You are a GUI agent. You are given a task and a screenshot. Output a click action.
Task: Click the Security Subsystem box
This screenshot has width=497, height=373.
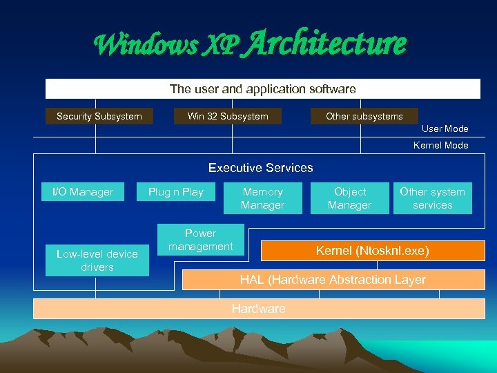tap(99, 116)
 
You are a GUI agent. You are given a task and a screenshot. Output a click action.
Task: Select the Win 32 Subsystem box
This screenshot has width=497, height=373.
tap(228, 116)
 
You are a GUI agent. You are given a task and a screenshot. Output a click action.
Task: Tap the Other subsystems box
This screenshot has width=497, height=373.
tap(364, 116)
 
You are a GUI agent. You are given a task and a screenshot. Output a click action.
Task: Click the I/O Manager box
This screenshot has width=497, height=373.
tap(83, 192)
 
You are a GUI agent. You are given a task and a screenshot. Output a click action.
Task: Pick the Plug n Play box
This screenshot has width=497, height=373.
tap(176, 192)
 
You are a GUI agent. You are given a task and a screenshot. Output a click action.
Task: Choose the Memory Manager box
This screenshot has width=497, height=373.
tap(262, 198)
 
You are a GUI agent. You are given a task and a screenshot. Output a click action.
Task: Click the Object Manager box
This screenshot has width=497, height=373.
tap(350, 198)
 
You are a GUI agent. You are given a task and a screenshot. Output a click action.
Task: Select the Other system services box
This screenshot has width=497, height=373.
tap(432, 198)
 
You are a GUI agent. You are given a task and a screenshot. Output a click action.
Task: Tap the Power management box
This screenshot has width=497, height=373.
tap(200, 240)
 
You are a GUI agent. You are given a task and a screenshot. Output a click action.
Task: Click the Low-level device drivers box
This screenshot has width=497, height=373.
tap(97, 260)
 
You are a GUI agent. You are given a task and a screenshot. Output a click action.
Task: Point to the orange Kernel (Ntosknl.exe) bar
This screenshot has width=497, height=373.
tap(372, 251)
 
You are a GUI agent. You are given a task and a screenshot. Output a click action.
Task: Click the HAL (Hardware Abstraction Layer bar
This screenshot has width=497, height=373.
tap(333, 280)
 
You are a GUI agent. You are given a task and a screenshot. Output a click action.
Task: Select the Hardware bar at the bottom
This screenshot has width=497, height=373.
tap(258, 309)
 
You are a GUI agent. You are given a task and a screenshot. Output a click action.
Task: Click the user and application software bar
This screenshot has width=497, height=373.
tap(262, 89)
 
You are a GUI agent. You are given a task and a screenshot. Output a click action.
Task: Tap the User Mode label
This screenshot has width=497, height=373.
tap(445, 128)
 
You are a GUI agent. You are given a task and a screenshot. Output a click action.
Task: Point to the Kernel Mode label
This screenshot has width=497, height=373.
tap(440, 145)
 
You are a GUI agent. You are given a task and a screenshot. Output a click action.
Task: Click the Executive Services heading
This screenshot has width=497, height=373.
tap(260, 168)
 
